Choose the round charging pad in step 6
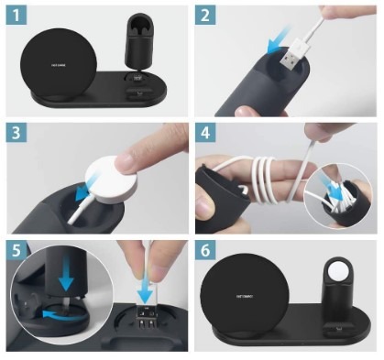point(245,297)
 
